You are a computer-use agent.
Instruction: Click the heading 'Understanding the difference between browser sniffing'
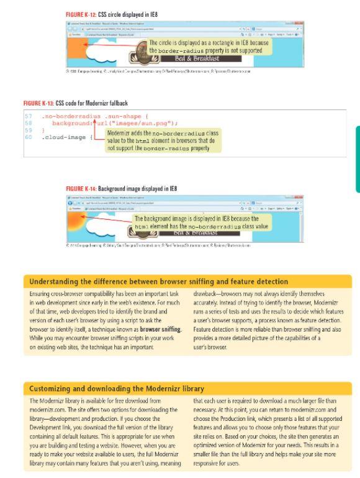coord(148,279)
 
